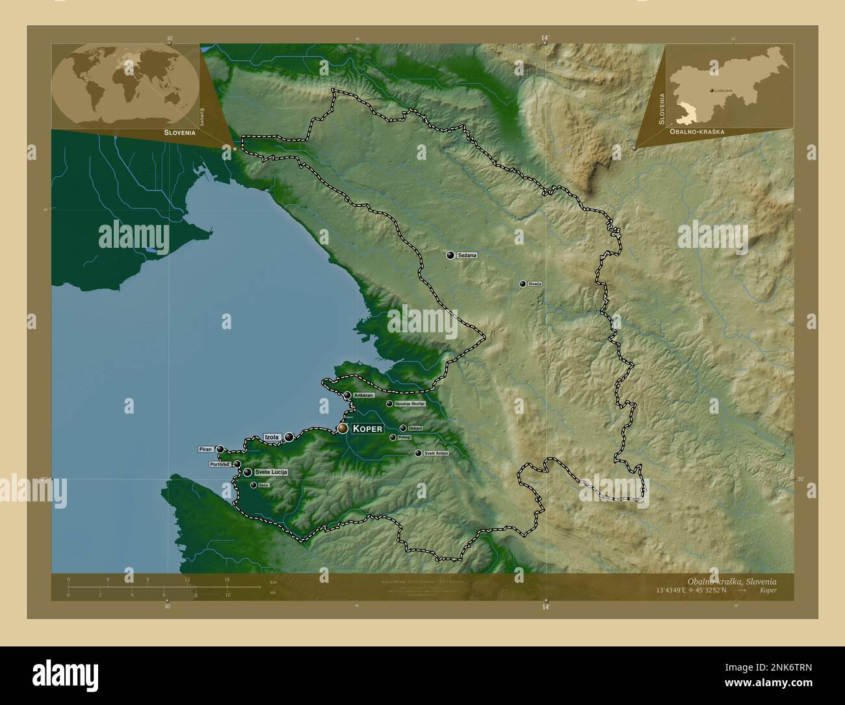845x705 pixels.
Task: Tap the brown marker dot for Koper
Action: tap(343, 429)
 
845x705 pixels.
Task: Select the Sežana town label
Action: tap(467, 256)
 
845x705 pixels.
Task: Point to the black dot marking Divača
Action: tap(522, 284)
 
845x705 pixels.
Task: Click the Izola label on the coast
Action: tap(272, 437)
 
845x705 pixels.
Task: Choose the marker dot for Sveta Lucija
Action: tap(248, 472)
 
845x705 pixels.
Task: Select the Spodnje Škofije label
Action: tap(409, 404)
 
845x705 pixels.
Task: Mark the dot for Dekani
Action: tap(403, 428)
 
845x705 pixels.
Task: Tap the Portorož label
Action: tap(220, 464)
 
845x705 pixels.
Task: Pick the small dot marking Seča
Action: tap(253, 485)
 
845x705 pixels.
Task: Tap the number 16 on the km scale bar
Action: tap(227, 579)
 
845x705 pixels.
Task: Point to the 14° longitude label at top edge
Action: tap(545, 38)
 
